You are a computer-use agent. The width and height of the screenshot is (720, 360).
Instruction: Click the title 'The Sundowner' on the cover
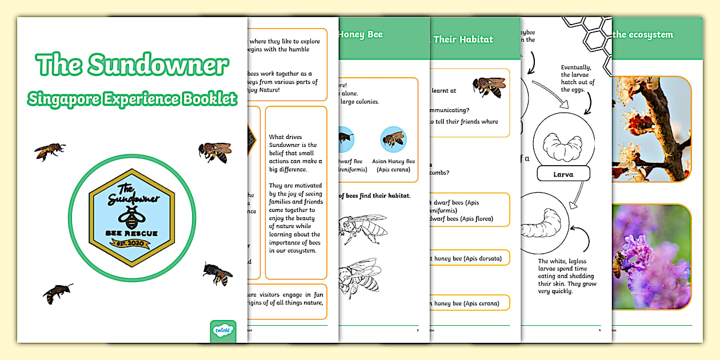132,65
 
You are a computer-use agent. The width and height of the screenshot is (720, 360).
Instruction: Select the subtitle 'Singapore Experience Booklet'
132,98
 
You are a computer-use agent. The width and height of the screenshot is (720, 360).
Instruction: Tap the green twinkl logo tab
223,331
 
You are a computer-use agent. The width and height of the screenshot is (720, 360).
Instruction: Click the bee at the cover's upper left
50,151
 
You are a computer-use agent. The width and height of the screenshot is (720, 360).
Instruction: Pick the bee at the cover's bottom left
58,293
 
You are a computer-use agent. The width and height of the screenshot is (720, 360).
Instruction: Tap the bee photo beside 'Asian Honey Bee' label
393,139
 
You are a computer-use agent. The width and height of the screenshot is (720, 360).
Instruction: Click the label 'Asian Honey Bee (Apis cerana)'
393,166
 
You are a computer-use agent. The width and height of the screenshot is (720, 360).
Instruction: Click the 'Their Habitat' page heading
463,39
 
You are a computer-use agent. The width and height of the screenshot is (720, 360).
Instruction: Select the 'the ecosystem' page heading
642,34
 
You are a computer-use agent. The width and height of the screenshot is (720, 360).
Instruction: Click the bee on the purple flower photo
619,265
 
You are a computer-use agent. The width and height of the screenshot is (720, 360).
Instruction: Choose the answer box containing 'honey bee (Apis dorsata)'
469,259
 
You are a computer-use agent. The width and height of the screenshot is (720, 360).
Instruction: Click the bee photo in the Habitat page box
489,87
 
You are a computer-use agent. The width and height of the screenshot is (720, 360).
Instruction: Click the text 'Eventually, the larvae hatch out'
578,78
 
